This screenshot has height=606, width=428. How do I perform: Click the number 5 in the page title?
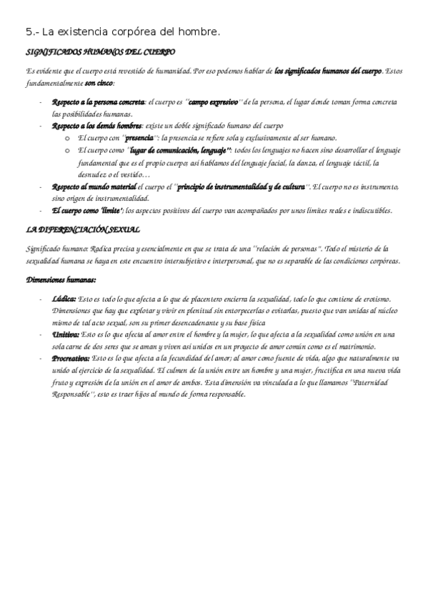click(28, 32)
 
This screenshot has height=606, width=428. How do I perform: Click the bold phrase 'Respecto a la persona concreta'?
click(97, 102)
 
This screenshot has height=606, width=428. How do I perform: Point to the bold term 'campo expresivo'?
click(213, 102)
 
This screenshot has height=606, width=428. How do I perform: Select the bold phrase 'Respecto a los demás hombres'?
click(96, 126)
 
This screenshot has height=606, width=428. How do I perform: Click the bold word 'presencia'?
click(139, 137)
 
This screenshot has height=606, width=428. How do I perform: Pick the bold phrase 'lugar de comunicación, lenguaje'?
click(180, 150)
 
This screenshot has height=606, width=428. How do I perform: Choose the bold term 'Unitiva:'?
click(66, 334)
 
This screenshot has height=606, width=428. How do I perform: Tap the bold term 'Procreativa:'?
click(71, 357)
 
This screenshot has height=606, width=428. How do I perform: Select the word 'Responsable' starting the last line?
click(74, 393)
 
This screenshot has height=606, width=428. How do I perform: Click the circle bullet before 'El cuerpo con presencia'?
click(66, 138)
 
